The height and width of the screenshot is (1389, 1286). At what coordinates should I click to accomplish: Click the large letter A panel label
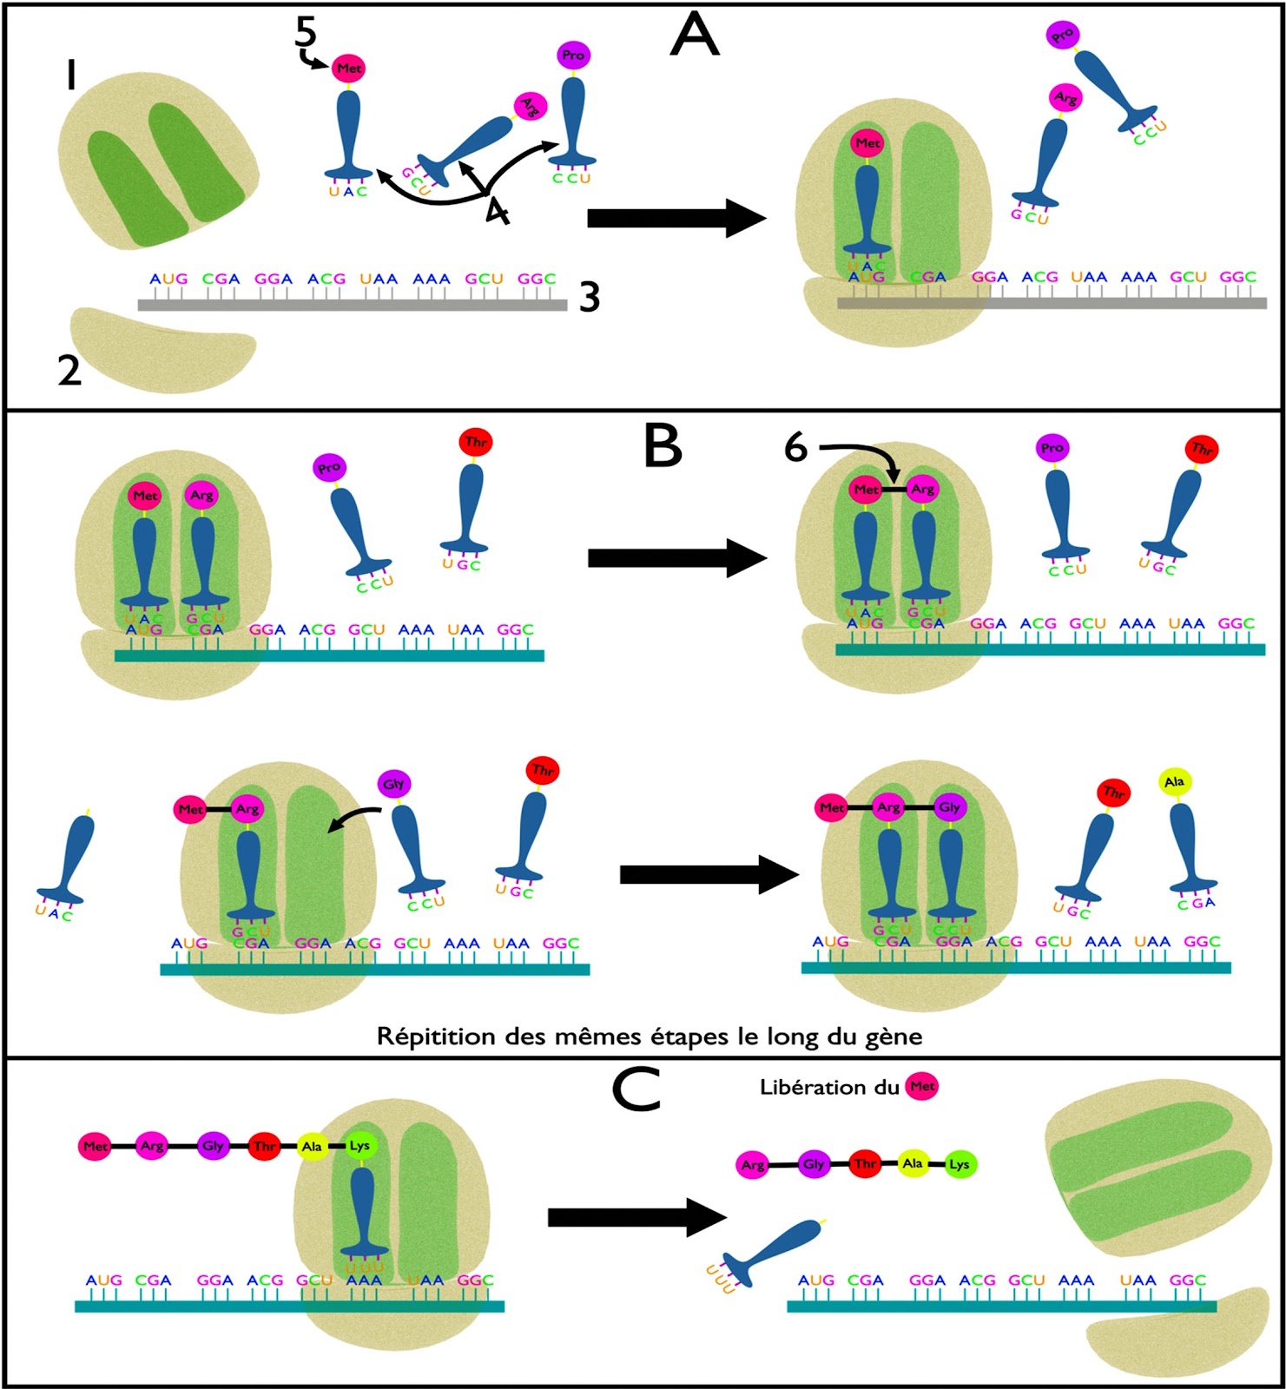click(695, 36)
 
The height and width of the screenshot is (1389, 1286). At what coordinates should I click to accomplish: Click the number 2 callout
click(69, 371)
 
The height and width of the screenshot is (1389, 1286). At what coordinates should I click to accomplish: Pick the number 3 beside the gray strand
click(590, 298)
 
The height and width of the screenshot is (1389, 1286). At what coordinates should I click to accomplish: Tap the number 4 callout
click(497, 209)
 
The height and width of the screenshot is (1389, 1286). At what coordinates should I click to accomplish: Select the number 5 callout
click(306, 32)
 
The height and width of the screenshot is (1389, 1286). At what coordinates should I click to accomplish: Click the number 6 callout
click(795, 448)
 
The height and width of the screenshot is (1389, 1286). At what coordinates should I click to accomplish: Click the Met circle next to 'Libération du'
click(922, 1086)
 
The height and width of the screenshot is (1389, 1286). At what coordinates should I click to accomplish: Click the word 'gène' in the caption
click(894, 1037)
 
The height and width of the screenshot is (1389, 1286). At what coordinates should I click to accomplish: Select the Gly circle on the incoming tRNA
click(393, 784)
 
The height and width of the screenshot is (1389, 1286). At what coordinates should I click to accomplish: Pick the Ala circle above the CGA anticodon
click(1174, 782)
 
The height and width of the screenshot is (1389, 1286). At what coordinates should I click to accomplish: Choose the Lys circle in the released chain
click(960, 1164)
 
